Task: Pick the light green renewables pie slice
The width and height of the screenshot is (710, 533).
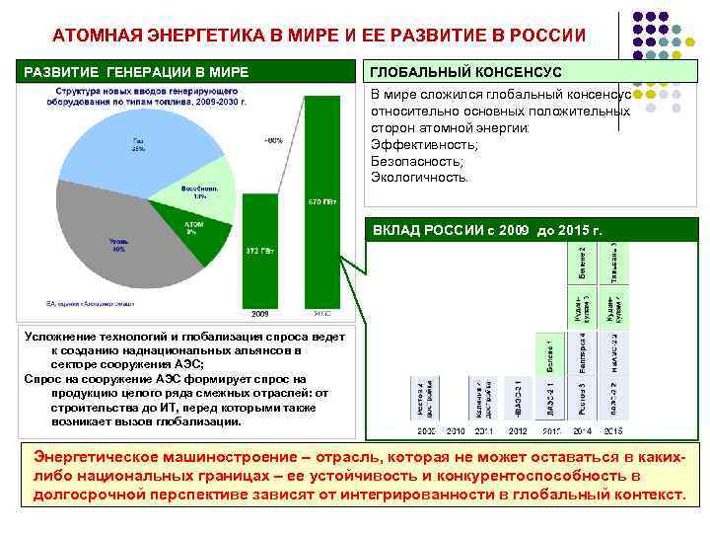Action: coord(208,192)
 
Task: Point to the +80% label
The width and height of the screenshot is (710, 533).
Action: coord(273,140)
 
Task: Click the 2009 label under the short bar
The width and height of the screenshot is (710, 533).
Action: coord(259,314)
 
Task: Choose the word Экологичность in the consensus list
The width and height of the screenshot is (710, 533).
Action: coord(420,177)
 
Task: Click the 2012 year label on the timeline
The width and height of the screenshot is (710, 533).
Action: coord(517,431)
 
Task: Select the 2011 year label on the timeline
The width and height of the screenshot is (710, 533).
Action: coord(485,431)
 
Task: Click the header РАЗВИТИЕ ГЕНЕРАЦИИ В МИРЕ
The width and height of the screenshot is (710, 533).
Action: coord(136,72)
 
